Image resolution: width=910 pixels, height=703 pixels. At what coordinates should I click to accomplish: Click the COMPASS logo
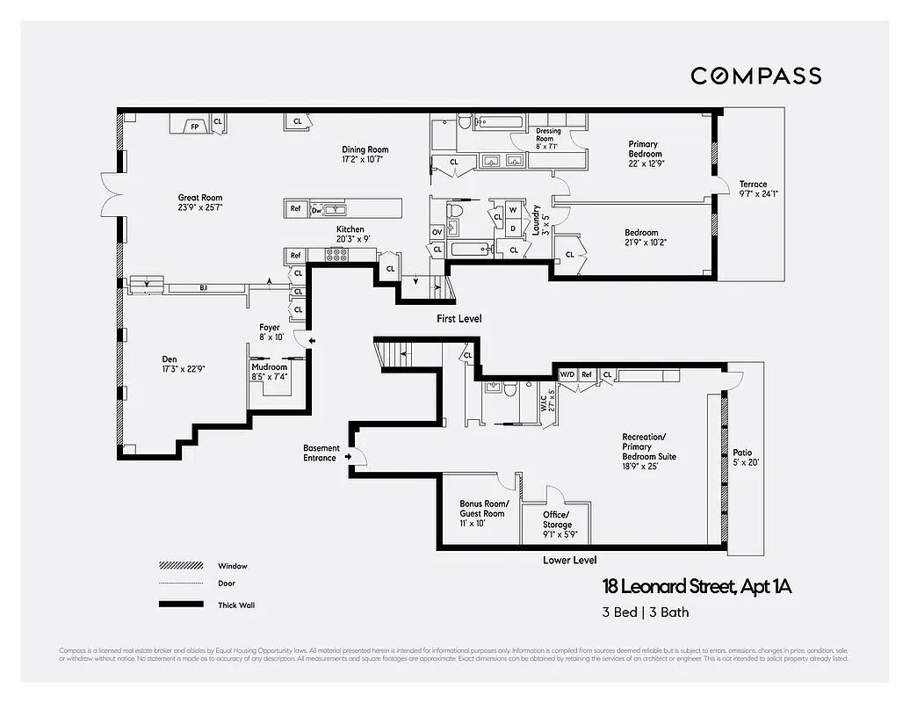tap(755, 76)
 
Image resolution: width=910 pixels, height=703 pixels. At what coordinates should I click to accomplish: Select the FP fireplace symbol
tap(194, 127)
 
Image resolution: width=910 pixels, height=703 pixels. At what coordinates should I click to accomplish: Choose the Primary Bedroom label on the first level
tap(644, 149)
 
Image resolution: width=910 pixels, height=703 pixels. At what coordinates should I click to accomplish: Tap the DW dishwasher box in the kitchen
tap(316, 209)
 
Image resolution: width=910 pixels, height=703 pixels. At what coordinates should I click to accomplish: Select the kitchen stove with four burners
tap(337, 255)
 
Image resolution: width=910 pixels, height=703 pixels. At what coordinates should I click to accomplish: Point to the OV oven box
tap(437, 232)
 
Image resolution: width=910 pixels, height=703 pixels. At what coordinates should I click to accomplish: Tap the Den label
tap(170, 359)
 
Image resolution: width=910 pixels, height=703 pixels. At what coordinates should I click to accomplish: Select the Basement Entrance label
tap(320, 453)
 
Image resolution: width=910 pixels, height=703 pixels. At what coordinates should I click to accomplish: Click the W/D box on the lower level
tap(567, 375)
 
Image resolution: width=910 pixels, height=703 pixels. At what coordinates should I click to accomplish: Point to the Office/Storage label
tap(556, 519)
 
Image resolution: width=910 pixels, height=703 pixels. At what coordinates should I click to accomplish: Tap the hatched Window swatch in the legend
tap(176, 566)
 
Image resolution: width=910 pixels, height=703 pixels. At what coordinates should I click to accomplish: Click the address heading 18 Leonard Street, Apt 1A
tap(697, 586)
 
